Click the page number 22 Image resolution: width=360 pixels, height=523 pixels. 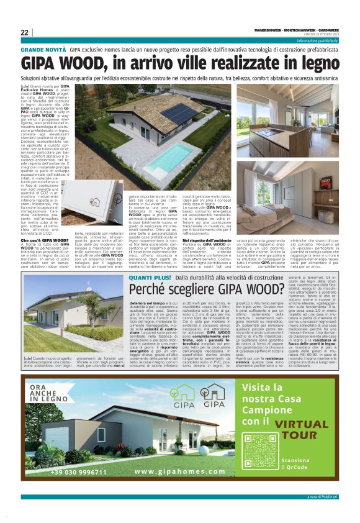pyautogui.click(x=24, y=32)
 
